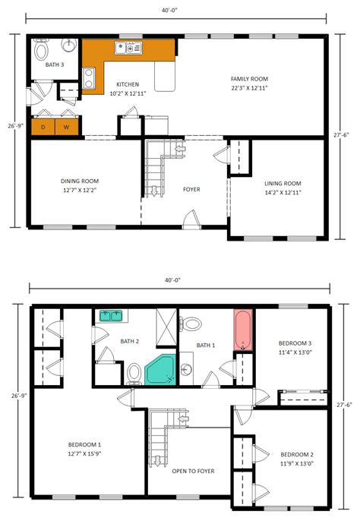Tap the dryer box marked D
tap(43, 127)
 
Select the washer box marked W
tap(67, 127)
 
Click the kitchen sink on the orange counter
tap(128, 49)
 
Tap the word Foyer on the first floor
tap(191, 189)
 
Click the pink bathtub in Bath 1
tap(243, 330)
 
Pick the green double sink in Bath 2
tap(111, 315)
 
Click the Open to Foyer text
tap(193, 472)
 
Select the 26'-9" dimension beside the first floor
tap(11, 126)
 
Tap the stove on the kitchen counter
tap(89, 76)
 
